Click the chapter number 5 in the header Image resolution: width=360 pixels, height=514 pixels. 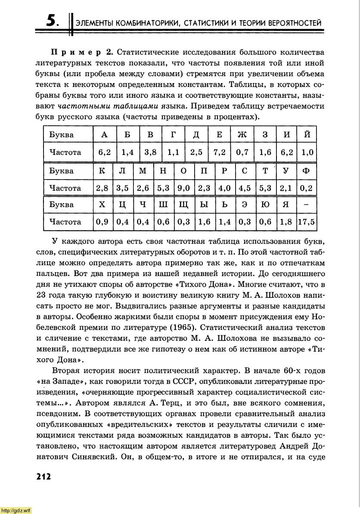point(51,21)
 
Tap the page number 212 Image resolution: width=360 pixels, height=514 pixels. point(42,477)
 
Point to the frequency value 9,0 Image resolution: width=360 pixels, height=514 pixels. point(183,188)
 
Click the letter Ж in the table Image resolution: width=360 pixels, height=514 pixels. point(242,135)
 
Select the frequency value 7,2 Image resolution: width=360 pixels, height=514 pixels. point(219,152)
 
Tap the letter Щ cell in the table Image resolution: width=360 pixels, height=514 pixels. point(183,205)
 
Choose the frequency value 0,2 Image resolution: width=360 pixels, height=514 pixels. point(306,188)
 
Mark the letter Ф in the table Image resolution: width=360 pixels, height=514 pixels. point(306,170)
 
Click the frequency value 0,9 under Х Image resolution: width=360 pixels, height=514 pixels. point(102,222)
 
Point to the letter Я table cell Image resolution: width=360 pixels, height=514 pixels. point(286,205)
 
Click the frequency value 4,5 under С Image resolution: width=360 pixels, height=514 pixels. point(245,188)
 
